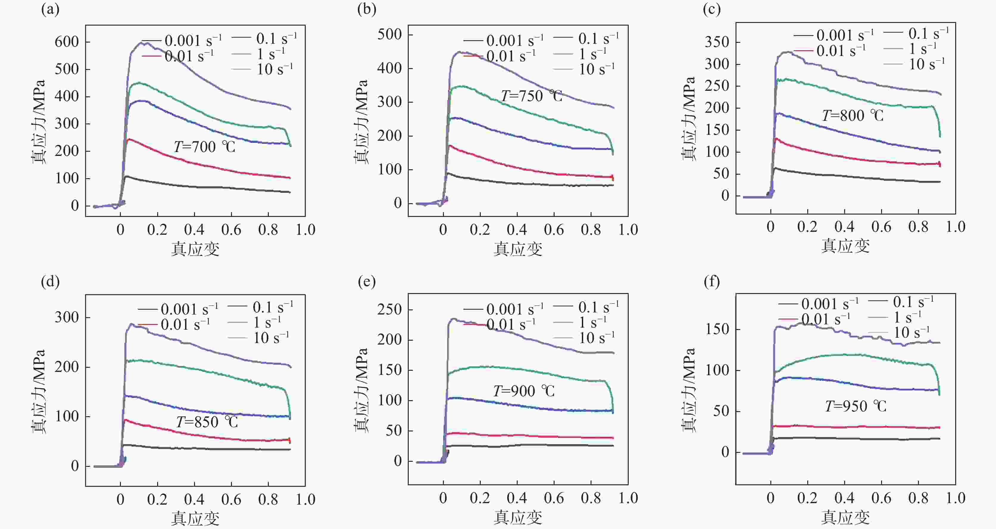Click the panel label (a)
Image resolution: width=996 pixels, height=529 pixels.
click(50, 10)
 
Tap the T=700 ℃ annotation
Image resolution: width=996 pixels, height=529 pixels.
click(204, 147)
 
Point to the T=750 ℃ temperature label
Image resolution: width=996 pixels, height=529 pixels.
click(532, 96)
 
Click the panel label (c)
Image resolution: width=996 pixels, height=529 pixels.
click(712, 10)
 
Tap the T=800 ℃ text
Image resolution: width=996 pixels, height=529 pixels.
click(853, 115)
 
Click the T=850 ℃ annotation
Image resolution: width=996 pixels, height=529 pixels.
click(207, 422)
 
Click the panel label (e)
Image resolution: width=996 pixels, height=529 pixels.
click(366, 282)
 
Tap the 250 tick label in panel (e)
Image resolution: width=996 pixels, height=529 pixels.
click(389, 309)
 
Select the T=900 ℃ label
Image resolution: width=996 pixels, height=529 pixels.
click(524, 391)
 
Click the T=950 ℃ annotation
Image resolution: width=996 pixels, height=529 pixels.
click(856, 406)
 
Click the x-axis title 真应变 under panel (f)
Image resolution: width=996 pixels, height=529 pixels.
click(845, 517)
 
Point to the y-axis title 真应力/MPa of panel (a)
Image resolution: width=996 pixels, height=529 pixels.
click(39, 122)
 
